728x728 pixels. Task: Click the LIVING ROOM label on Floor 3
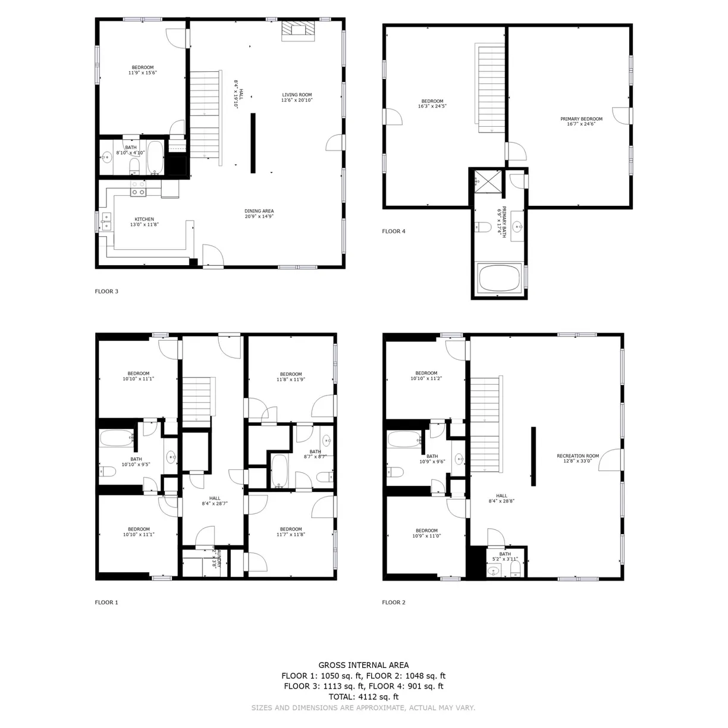click(x=296, y=98)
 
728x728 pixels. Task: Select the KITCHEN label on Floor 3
click(x=144, y=222)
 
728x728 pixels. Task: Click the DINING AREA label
click(x=259, y=214)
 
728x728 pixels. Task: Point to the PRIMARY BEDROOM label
click(x=581, y=121)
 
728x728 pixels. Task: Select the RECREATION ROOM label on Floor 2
click(x=578, y=458)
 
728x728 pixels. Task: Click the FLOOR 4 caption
click(x=393, y=231)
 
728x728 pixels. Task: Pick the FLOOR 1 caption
click(x=106, y=603)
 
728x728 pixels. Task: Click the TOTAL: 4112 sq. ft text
click(x=363, y=696)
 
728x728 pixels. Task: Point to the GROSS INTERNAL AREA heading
click(x=363, y=666)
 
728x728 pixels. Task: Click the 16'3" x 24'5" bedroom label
click(x=432, y=103)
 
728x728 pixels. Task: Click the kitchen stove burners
click(x=139, y=189)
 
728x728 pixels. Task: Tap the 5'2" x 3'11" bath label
click(x=505, y=557)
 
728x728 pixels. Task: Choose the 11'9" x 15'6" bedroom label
click(x=142, y=70)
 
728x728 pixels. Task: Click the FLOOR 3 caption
click(x=106, y=291)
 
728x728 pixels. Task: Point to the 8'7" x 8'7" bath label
click(x=315, y=454)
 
